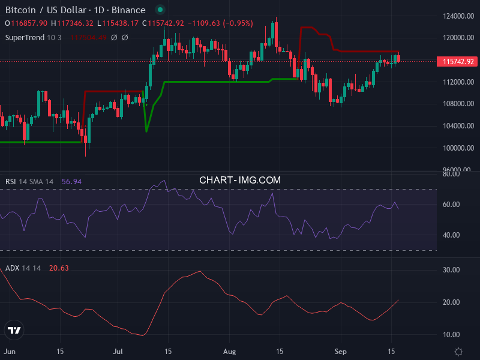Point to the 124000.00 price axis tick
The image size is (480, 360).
tap(459, 16)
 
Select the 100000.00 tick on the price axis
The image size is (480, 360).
tap(459, 148)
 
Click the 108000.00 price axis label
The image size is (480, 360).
tap(459, 104)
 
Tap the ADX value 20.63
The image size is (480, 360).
tap(59, 268)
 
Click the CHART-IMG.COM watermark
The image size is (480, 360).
tap(240, 180)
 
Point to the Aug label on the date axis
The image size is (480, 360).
tap(229, 351)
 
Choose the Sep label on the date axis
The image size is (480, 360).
tap(341, 351)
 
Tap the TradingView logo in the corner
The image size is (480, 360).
tap(14, 330)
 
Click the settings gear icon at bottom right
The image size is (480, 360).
tap(459, 352)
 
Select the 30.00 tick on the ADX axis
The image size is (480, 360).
tap(451, 270)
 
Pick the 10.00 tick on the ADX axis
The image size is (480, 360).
tap(451, 334)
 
